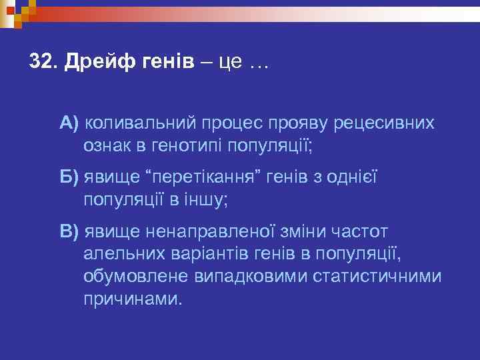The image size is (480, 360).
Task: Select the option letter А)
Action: click(x=69, y=123)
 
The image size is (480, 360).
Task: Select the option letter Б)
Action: click(x=69, y=177)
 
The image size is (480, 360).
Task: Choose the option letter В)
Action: click(x=69, y=231)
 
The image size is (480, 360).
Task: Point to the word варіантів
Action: click(x=203, y=253)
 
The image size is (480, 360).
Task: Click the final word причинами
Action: click(x=132, y=297)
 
